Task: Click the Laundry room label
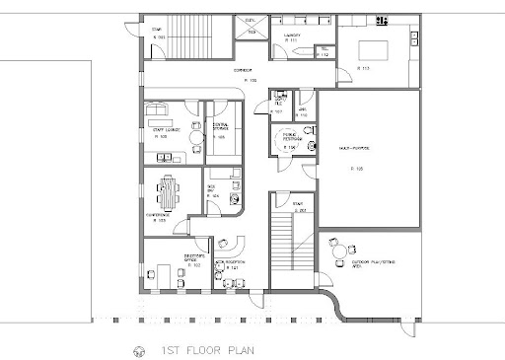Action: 291,35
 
